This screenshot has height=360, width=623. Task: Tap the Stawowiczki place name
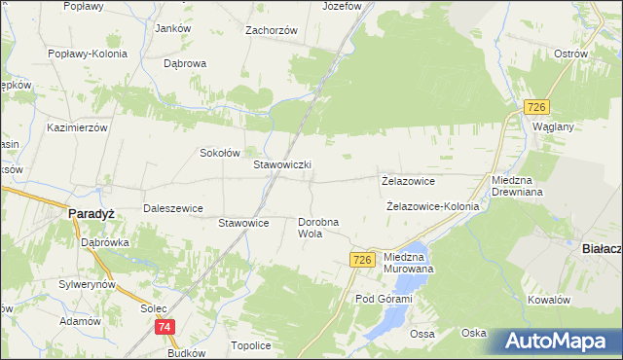pos(282,165)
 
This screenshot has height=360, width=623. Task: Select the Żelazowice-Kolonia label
pos(432,206)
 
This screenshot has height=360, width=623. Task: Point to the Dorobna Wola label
pos(318,228)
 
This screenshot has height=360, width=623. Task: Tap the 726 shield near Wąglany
pos(536,106)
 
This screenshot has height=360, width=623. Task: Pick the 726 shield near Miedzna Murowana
pos(362,259)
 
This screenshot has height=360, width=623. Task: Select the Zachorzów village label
pos(272,30)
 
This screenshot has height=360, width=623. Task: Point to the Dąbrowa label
pos(186,63)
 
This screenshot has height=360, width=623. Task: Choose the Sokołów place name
pos(220,153)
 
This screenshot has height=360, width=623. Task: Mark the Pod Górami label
pos(384,299)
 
